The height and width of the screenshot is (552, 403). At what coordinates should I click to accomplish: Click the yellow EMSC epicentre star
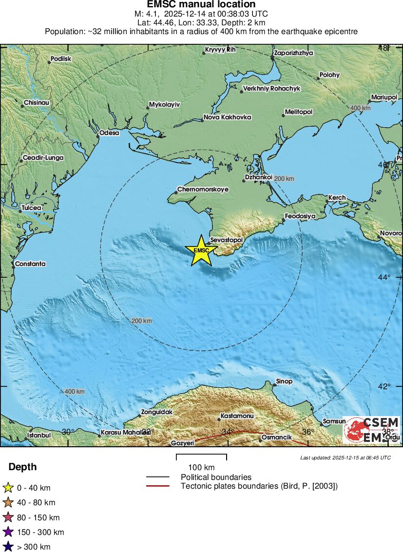coord(201,250)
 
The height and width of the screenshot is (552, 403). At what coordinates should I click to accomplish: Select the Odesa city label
coord(109,133)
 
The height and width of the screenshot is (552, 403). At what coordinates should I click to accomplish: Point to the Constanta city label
coord(30,264)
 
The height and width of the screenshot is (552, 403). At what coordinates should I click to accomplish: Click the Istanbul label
coord(39,435)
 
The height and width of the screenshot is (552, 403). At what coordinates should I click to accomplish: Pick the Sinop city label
coord(284,381)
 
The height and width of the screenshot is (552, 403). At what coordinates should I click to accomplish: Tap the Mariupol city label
coord(384,97)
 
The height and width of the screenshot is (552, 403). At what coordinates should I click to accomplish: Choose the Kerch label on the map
coord(337,197)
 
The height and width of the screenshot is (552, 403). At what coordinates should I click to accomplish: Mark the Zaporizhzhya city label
coord(294,53)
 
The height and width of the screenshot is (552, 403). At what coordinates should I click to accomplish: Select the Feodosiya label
coord(300,215)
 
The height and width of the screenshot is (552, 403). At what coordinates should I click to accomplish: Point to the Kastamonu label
coord(237,416)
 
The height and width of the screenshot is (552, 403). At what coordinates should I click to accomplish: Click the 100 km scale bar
coord(201,457)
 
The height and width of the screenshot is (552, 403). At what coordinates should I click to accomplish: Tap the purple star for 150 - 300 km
coord(8,532)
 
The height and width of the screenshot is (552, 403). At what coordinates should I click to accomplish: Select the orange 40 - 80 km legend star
coord(8,502)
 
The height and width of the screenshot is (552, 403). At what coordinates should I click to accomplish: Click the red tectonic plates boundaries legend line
coord(157,486)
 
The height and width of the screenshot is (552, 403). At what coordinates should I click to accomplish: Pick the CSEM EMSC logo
coord(371,430)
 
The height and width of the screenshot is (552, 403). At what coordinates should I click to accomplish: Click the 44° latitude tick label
coord(385,277)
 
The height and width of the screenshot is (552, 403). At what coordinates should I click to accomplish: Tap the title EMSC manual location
coord(201,5)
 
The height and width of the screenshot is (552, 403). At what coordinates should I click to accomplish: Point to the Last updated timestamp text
coord(345,457)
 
